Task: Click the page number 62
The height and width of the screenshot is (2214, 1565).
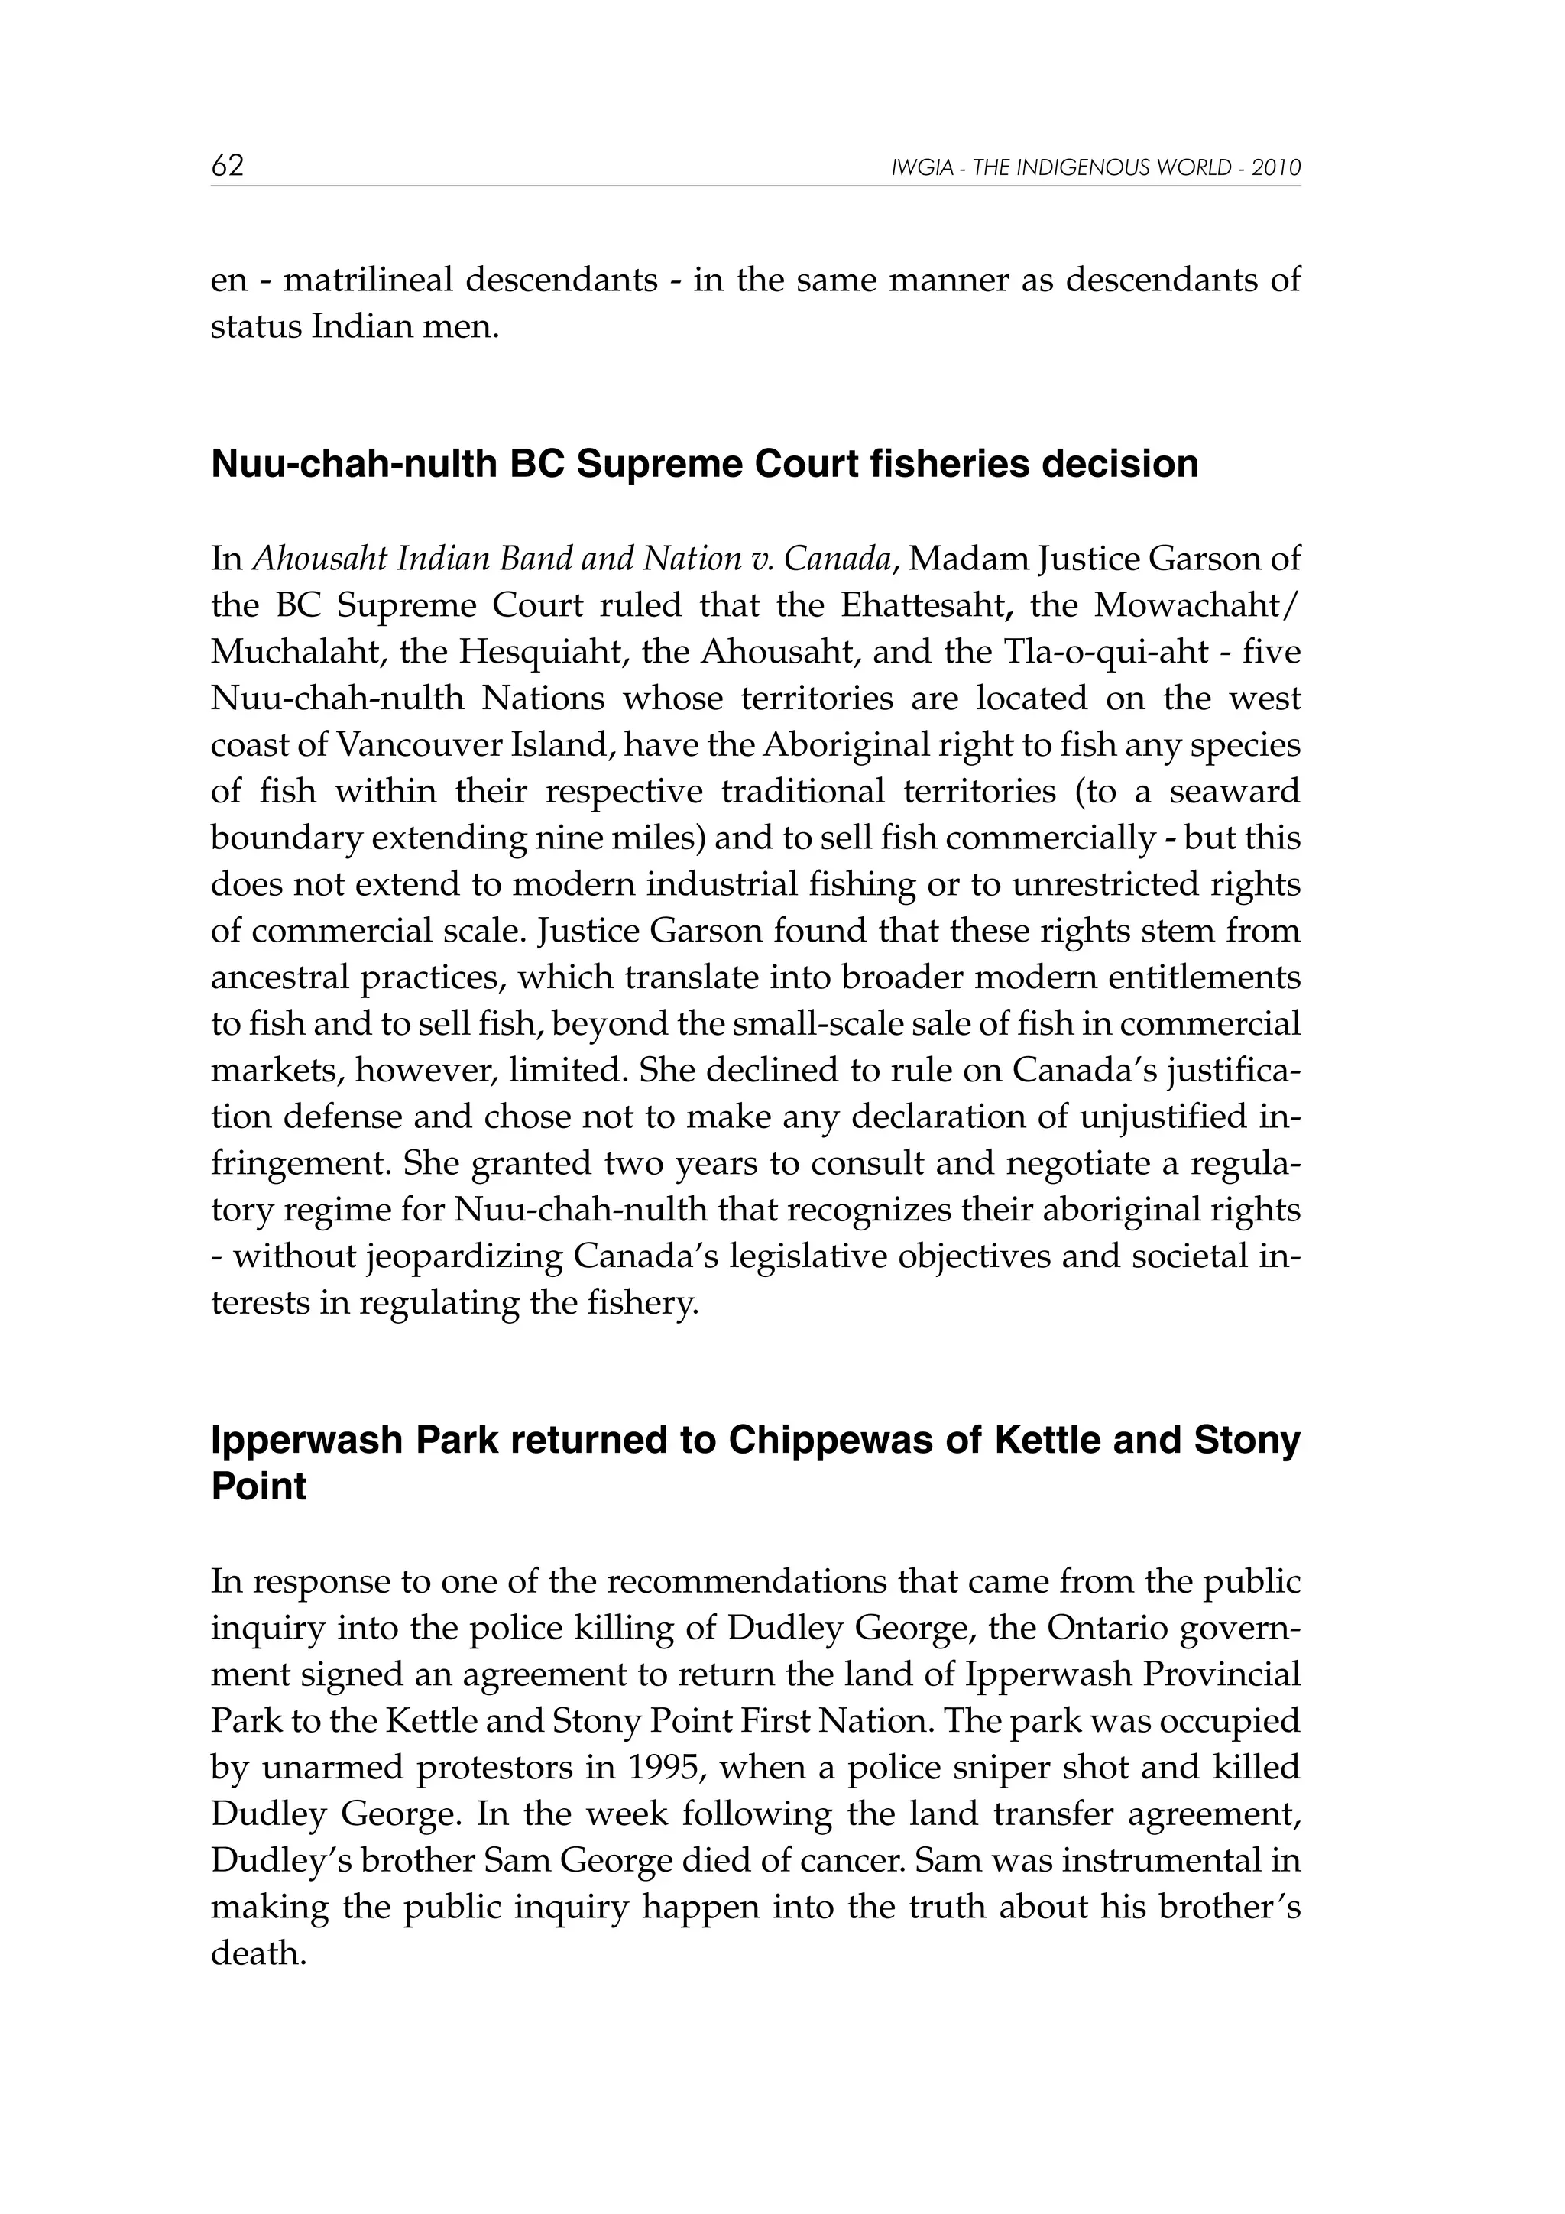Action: pyautogui.click(x=228, y=167)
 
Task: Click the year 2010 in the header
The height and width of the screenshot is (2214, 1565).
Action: pyautogui.click(x=1277, y=169)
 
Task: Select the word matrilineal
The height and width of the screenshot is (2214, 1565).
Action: pyautogui.click(x=368, y=280)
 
